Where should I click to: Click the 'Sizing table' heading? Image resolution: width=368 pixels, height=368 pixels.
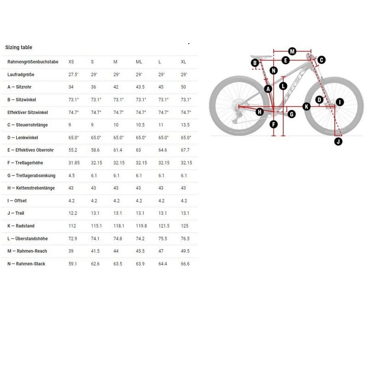pos(19,47)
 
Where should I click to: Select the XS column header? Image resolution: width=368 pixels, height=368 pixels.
pos(71,62)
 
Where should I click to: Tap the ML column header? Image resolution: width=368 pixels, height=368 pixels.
pos(139,62)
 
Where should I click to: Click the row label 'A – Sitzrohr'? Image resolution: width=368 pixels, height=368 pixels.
pos(19,87)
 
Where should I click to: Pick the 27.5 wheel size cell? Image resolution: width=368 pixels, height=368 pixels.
pos(74,75)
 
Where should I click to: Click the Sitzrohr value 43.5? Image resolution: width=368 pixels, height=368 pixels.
pos(140,87)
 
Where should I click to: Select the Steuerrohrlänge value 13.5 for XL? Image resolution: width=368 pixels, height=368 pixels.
pos(185,125)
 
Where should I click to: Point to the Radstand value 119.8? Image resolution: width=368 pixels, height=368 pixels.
pos(141,226)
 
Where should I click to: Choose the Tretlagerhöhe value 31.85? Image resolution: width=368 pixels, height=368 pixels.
pos(74,163)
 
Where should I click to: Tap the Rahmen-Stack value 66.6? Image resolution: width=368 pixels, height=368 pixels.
pos(185,264)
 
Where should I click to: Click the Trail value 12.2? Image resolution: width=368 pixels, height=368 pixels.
pos(73,213)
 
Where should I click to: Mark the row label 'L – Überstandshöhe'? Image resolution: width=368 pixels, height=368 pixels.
pos(28,238)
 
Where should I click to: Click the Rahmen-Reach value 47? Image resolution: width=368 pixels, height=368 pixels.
pos(161,251)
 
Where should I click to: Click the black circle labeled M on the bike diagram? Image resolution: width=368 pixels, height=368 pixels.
pos(292,51)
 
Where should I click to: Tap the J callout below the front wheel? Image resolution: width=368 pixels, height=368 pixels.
pos(338,141)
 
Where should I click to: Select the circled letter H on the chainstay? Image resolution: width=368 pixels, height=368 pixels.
pos(259,112)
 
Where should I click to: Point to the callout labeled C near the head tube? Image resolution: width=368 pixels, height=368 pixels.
pos(322,60)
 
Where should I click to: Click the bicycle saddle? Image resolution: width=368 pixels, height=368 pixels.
pos(261,57)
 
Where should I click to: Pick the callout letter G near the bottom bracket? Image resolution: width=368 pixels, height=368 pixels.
pos(292,114)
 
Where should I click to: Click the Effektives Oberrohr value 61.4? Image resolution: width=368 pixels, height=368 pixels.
pos(118,150)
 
